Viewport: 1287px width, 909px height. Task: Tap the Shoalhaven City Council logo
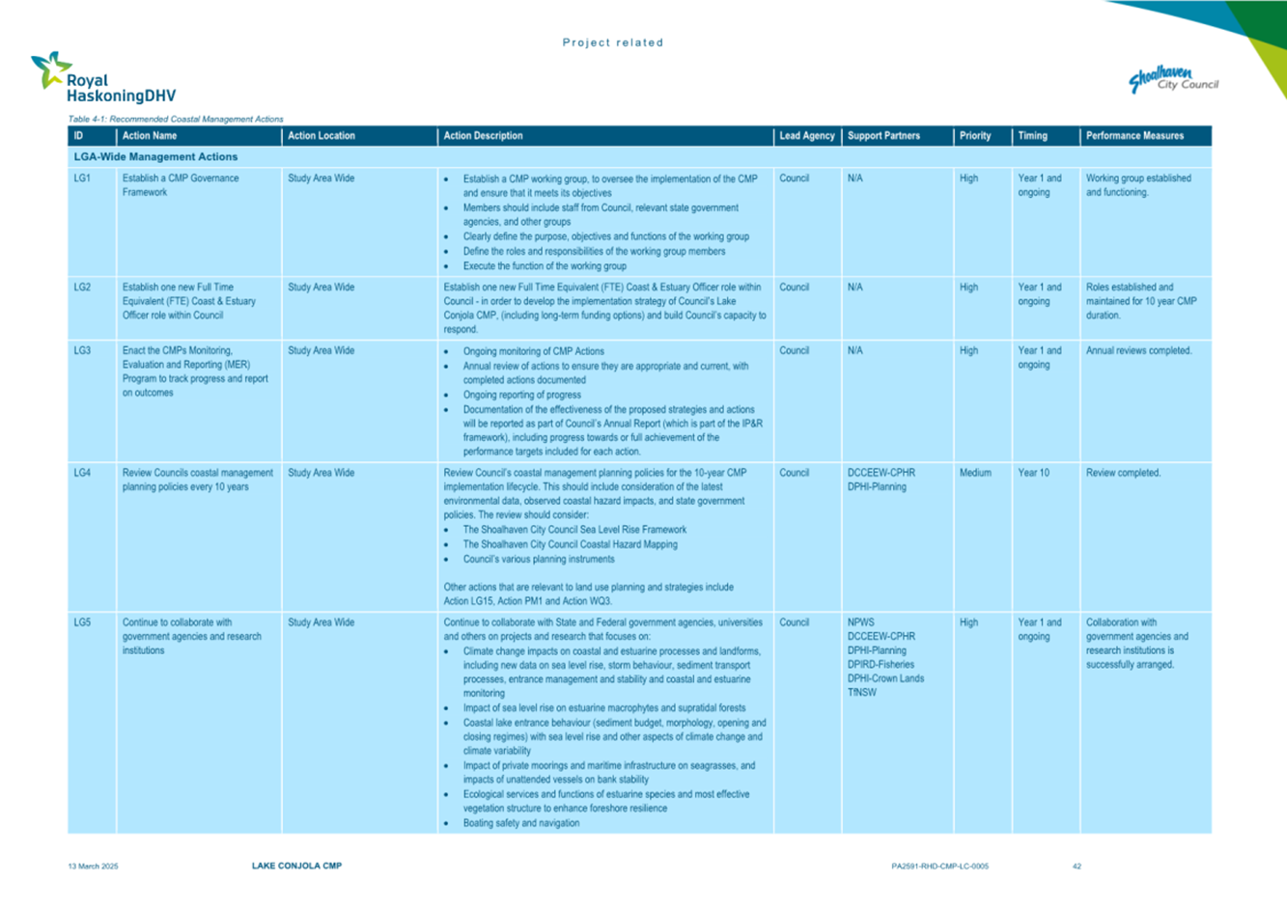[x=1173, y=80]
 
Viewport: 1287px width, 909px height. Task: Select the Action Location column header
[x=322, y=136]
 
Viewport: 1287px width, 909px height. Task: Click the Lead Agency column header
[x=806, y=136]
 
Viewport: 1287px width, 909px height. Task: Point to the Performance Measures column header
[x=1134, y=136]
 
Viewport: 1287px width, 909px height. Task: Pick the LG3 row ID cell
[x=82, y=351]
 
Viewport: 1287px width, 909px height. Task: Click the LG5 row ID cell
[x=82, y=623]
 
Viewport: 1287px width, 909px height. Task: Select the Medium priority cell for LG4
[x=975, y=473]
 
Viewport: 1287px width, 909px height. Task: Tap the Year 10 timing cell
[x=1033, y=473]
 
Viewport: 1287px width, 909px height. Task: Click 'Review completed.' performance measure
[x=1123, y=473]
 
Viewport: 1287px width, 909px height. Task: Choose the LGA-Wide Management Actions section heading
[x=155, y=156]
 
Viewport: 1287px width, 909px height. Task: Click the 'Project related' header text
[x=613, y=42]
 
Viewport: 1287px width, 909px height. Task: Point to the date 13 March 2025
[x=93, y=867]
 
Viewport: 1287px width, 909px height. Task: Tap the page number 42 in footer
[x=1077, y=867]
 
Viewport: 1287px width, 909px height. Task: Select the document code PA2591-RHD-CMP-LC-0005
[x=939, y=867]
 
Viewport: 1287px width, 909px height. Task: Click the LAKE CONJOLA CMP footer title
[x=296, y=867]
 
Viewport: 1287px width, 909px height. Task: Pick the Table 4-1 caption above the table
[x=176, y=119]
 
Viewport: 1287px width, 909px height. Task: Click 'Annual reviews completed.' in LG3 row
[x=1138, y=351]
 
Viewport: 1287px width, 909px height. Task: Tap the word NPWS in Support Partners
[x=860, y=623]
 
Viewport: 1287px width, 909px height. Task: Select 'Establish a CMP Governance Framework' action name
[x=180, y=185]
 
